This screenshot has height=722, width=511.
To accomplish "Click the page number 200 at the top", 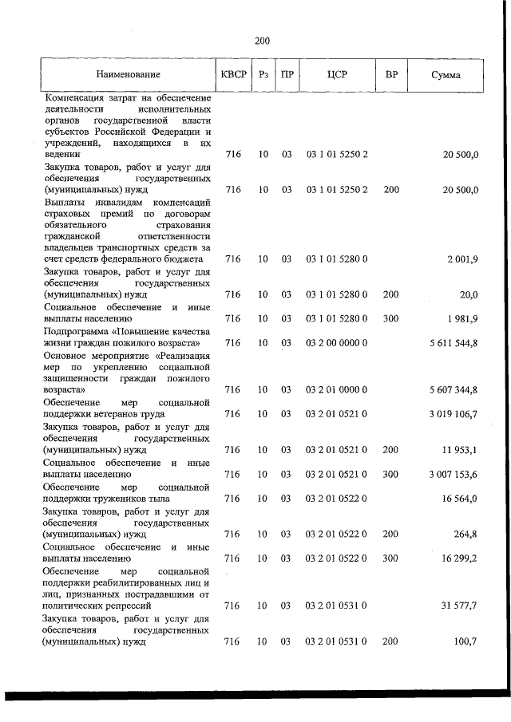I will click(263, 41).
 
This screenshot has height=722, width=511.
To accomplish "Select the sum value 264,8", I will click(465, 534).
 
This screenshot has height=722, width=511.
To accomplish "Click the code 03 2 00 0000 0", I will click(336, 343).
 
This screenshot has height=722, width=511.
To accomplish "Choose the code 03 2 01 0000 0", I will click(336, 389).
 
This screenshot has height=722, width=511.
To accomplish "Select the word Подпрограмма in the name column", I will click(77, 331).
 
